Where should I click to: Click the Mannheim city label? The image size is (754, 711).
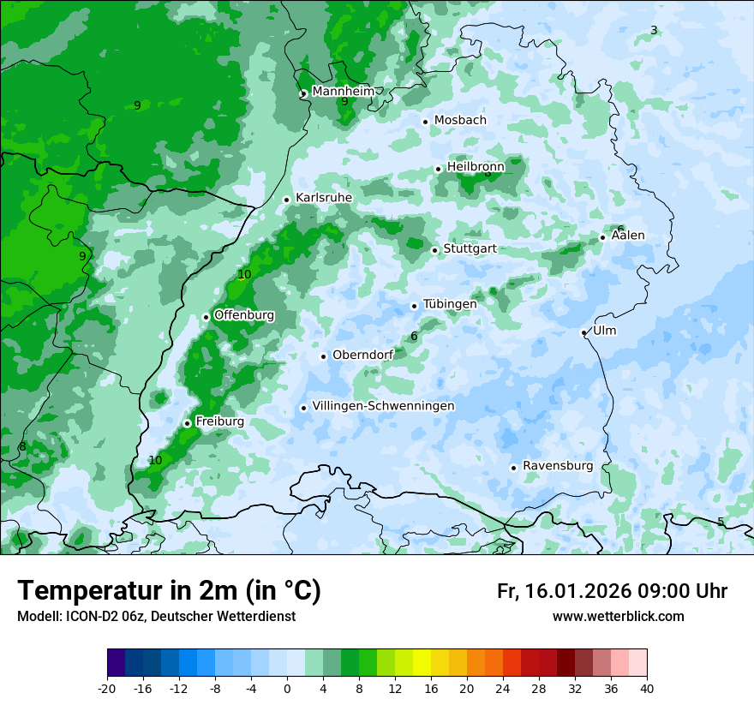tap(343, 91)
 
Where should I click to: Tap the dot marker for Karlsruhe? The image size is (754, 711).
tap(287, 200)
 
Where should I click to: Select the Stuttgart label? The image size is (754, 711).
tap(470, 249)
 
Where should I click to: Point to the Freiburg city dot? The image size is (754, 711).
tap(187, 423)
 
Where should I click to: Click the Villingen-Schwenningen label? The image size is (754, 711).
tap(383, 406)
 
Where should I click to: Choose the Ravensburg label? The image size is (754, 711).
tap(558, 466)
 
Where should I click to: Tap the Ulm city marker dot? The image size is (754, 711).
tap(583, 332)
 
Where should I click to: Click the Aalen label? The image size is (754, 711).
tap(628, 236)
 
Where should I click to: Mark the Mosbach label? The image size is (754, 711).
tap(460, 120)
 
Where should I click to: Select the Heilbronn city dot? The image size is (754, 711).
tap(438, 169)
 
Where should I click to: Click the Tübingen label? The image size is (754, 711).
tap(450, 304)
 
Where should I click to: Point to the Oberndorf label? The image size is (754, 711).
tap(362, 355)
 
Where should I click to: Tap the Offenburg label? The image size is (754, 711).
tap(244, 315)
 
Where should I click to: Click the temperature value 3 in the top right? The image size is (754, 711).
tap(654, 31)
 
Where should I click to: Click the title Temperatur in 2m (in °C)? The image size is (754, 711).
tap(169, 591)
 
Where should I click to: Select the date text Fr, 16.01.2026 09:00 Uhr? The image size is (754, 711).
tap(612, 591)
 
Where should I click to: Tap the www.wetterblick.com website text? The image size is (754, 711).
tap(618, 616)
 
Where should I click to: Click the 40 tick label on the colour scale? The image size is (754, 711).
tap(646, 688)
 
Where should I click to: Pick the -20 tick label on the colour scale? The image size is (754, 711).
tap(107, 688)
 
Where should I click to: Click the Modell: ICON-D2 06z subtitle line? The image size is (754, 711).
tap(156, 616)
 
